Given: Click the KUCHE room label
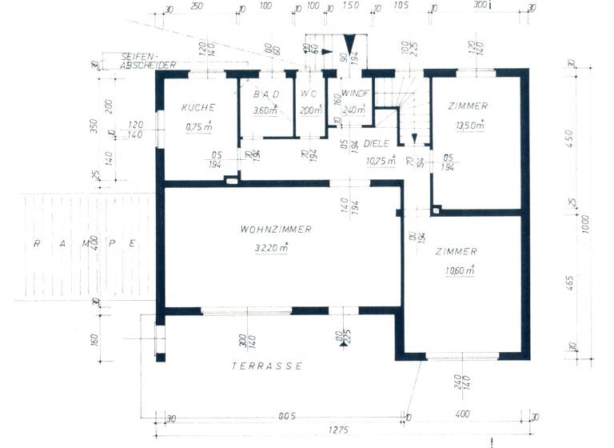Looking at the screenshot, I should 195,107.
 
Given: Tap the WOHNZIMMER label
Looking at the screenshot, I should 275,230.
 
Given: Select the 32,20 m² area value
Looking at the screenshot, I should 272,248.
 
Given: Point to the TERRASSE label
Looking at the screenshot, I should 267,366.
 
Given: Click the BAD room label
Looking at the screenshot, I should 266,94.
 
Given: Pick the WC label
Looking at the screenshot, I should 309,94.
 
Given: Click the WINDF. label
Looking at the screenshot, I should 354,94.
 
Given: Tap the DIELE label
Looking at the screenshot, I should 377,144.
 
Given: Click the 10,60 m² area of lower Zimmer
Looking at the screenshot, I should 460,270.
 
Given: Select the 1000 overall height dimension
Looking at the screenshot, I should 587,220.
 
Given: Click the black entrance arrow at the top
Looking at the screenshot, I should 349,44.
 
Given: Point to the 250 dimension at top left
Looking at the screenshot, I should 197,7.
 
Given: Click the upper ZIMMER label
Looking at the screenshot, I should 468,106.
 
